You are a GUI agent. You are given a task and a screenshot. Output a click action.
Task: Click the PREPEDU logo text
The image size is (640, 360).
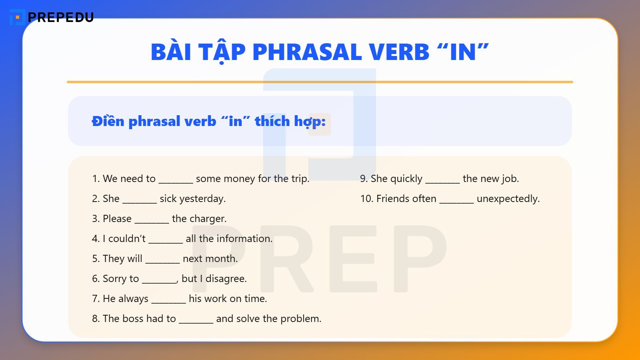(x=60, y=17)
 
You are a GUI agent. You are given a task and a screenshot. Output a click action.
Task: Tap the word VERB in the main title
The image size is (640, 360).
(x=399, y=52)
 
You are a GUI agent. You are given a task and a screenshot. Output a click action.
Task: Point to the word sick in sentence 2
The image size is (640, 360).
(x=168, y=199)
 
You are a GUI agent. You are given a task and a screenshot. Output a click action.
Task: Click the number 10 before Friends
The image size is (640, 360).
(x=366, y=199)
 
